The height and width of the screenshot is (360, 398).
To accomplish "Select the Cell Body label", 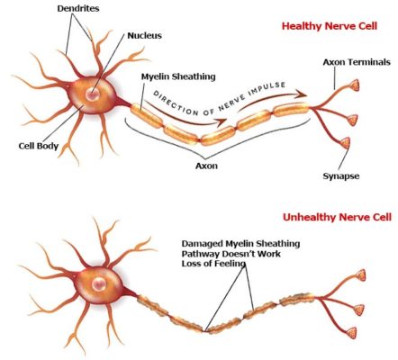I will coord(38,146).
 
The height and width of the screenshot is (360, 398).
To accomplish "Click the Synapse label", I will coord(341,176).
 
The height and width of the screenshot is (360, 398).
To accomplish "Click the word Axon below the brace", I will coord(232,166).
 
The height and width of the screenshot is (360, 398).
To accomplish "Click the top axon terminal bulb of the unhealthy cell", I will coord(362,273).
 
